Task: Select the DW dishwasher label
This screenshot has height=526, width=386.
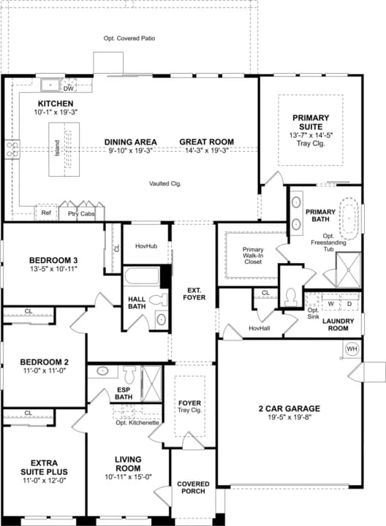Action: coord(70,88)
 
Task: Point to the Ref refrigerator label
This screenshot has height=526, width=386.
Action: coord(46,213)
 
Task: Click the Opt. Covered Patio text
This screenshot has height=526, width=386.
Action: coord(129,38)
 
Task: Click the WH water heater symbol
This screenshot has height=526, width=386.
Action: coord(352,348)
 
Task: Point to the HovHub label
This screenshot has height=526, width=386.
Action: coord(146,247)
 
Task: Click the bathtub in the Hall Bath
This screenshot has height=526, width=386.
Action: coord(143,278)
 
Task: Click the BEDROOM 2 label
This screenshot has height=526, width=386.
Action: coord(44,362)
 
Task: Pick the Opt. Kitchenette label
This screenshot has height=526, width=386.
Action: coord(137,423)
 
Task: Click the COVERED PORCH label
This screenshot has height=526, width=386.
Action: coord(193,488)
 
